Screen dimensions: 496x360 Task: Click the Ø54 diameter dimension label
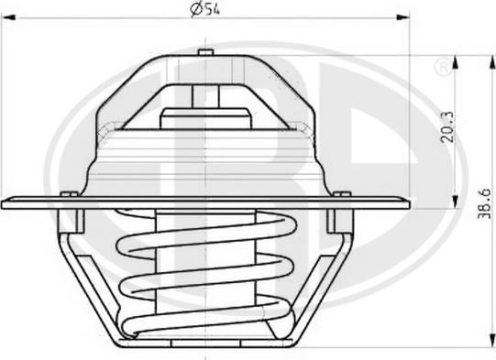click(204, 9)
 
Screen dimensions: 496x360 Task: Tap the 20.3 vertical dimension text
click(447, 127)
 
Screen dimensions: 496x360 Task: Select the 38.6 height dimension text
click(483, 204)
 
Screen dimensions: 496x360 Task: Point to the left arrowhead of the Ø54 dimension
click(8, 17)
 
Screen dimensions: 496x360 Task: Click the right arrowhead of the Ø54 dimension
click(403, 17)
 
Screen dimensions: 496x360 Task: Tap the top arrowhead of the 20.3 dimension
click(455, 62)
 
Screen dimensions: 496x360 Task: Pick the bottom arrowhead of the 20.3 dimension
click(455, 202)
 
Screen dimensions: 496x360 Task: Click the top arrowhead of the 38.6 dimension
click(492, 62)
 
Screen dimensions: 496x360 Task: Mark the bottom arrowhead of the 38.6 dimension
click(492, 341)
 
